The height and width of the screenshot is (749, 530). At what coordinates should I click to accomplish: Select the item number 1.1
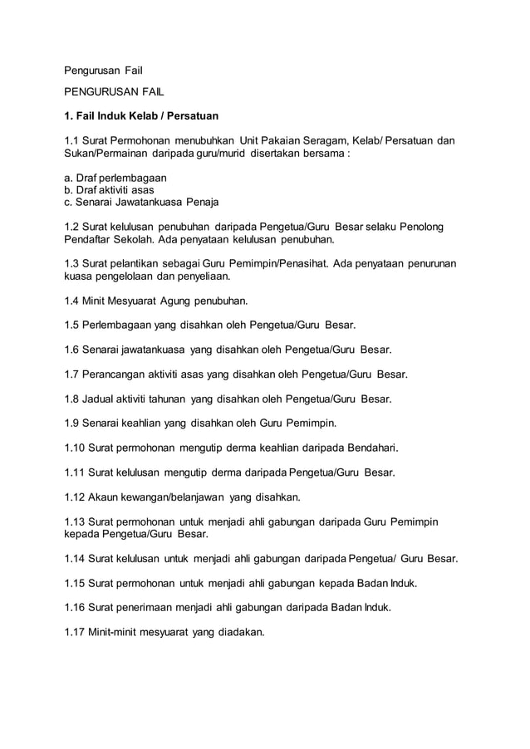[x=73, y=140]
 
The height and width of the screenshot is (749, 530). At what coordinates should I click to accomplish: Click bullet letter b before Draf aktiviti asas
[x=67, y=190]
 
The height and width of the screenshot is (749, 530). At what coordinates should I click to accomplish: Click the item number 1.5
[x=73, y=324]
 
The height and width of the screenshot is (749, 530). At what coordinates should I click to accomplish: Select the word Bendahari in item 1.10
[x=371, y=448]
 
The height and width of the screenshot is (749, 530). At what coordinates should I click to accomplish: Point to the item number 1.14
[x=76, y=559]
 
